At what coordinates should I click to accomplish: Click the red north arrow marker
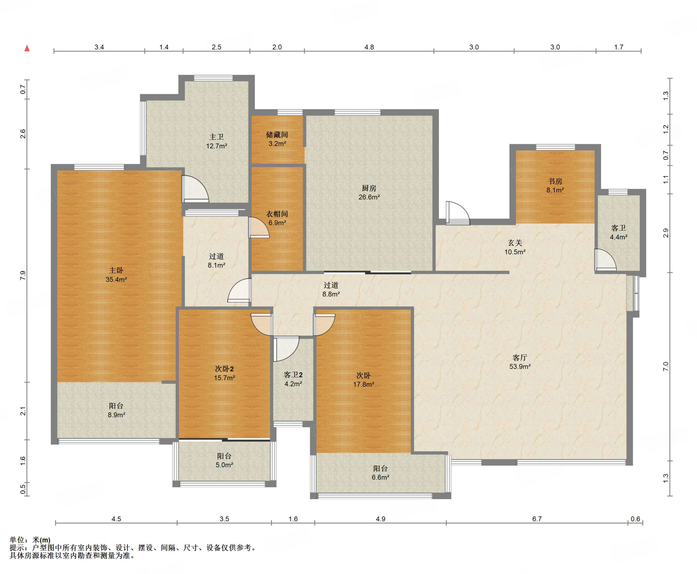[x=27, y=48]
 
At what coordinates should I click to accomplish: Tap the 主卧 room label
[x=116, y=270]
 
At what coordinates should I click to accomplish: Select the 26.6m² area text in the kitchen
[x=369, y=197]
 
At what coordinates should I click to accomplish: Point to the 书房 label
[x=555, y=181]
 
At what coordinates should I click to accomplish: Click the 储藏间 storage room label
[x=277, y=135]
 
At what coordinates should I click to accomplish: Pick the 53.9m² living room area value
[x=520, y=366]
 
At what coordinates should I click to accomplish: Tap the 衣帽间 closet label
[x=277, y=214]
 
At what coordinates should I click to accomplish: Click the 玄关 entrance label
[x=515, y=243]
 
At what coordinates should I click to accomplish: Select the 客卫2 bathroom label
[x=293, y=375]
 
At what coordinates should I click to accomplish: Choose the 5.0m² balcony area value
[x=224, y=465]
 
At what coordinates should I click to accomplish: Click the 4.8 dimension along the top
[x=369, y=47]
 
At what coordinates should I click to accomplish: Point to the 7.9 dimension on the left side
[x=23, y=276]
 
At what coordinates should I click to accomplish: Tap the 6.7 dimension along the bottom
[x=537, y=519]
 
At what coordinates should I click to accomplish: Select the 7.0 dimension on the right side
[x=666, y=366]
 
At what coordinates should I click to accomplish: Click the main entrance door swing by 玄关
[x=458, y=213]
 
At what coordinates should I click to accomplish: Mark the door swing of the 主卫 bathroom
[x=195, y=189]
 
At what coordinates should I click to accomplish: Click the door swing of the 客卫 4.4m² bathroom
[x=605, y=260]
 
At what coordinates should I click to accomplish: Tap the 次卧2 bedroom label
[x=224, y=369]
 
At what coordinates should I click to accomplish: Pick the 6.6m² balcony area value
[x=380, y=477]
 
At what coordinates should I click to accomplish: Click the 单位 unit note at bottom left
[x=30, y=540]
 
